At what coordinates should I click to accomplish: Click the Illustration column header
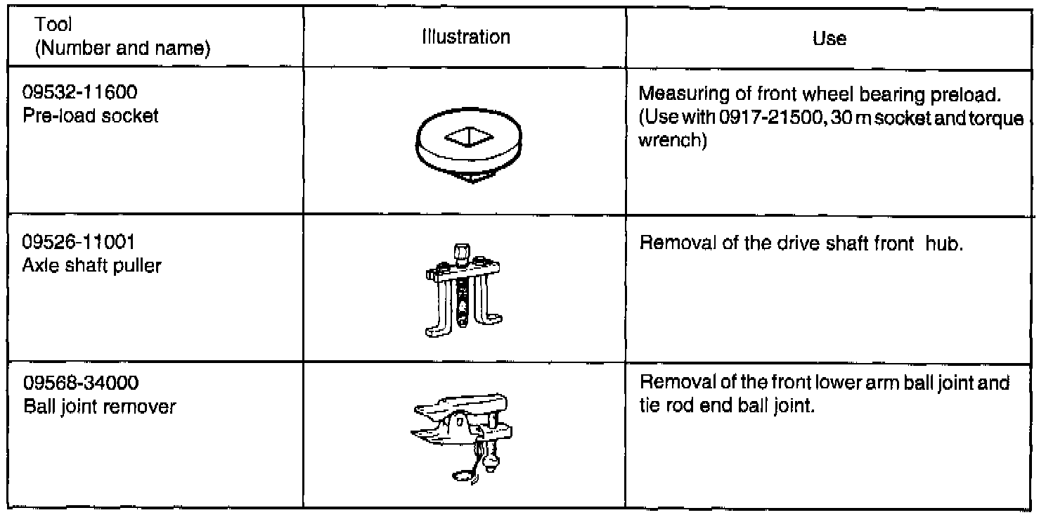click(465, 37)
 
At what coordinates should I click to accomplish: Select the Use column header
click(829, 39)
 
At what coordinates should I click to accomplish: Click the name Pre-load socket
click(91, 115)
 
